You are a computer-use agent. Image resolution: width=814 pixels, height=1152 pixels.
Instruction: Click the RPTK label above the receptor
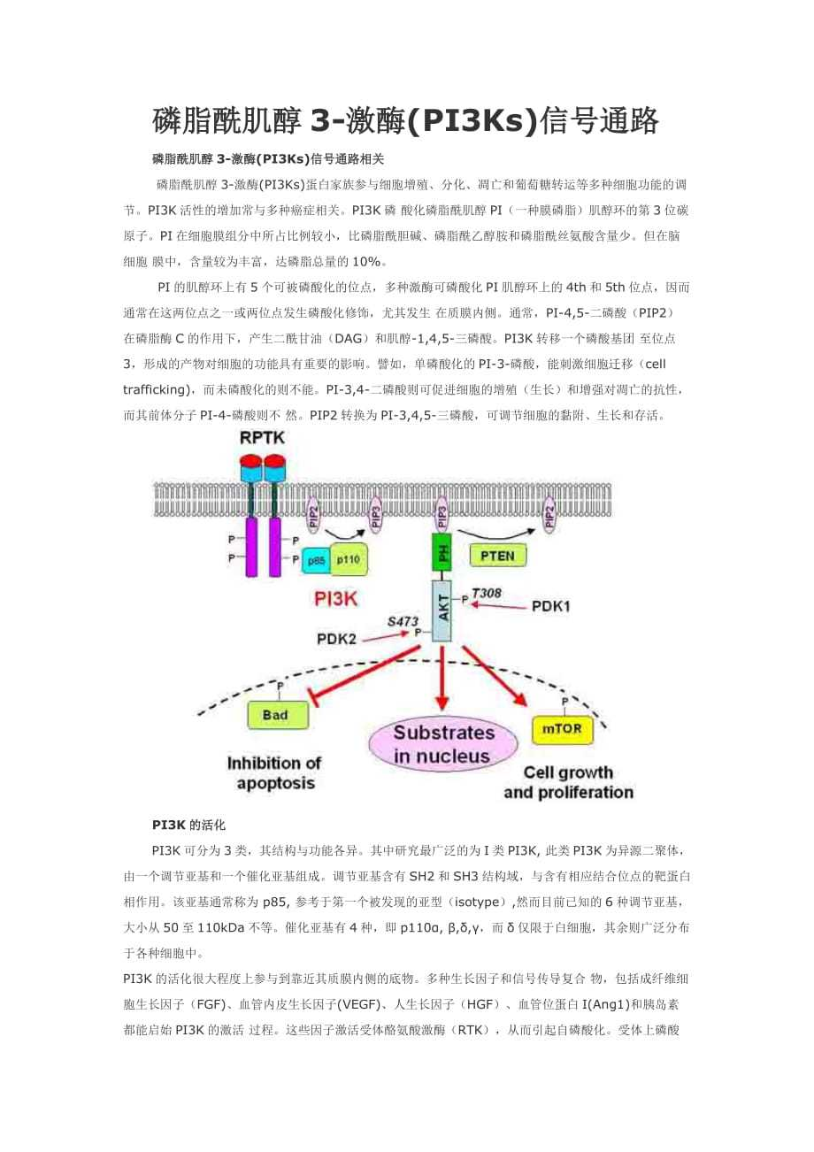coord(262,440)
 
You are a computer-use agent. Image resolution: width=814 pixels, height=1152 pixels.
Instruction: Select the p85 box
coord(315,560)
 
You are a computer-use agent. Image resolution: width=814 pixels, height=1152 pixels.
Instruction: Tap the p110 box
coord(348,560)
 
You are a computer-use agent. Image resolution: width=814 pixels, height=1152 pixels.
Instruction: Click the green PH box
coord(442,556)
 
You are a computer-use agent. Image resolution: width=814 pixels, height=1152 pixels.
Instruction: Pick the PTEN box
coord(497,556)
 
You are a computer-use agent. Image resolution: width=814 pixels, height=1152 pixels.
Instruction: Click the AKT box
coord(442,610)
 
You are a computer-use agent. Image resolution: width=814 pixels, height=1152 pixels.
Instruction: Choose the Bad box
coord(276,715)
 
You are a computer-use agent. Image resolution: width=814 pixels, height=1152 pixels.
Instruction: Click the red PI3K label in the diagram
coord(335,599)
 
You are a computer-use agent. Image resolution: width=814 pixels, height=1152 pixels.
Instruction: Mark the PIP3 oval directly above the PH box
coord(442,514)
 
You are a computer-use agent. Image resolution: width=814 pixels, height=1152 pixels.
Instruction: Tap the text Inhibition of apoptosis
coord(275,772)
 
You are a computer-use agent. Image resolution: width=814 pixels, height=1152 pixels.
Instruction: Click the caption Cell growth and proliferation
coord(568,781)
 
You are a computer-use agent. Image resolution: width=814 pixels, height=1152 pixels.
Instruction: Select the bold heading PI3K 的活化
coord(188,825)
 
